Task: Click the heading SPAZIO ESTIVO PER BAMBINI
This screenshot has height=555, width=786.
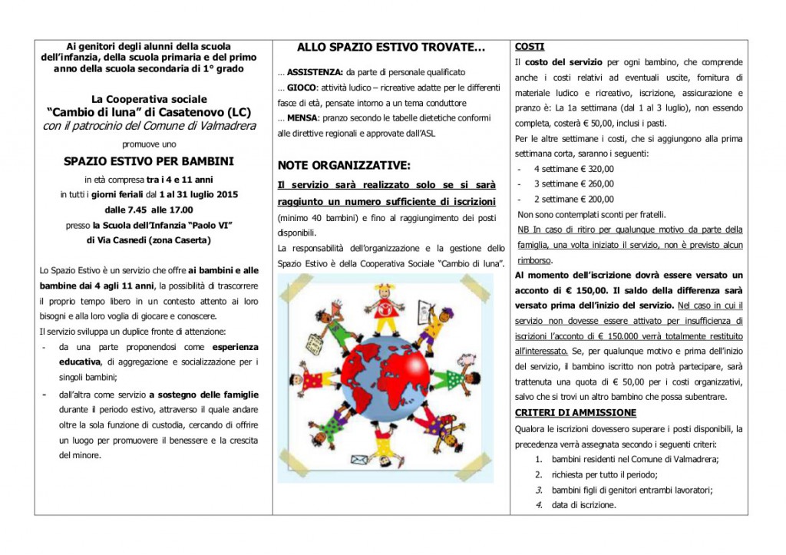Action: [149, 161]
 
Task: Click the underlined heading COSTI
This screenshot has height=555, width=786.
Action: [530, 46]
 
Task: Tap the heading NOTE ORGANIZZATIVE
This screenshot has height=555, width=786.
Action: [344, 165]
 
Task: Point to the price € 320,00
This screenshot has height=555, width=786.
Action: [589, 168]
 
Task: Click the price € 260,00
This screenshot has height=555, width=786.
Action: [589, 183]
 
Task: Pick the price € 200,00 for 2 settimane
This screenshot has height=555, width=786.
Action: [589, 199]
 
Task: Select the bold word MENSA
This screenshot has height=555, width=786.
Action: [305, 118]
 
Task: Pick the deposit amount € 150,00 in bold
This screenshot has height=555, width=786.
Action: [581, 290]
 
